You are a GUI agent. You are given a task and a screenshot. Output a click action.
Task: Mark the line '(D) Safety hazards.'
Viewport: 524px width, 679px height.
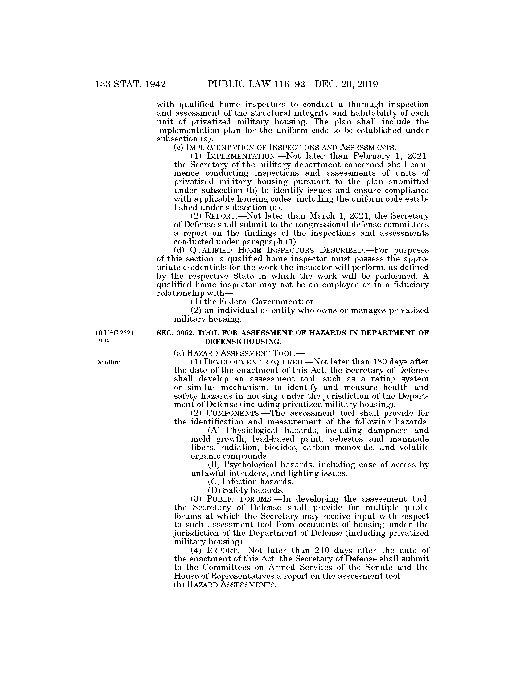pos(246,490)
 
